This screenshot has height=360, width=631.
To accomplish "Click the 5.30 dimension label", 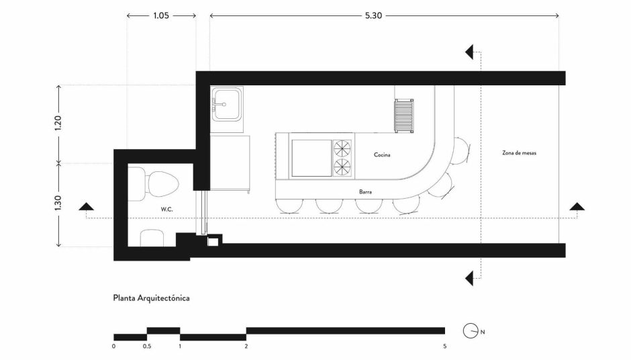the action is tap(373, 15).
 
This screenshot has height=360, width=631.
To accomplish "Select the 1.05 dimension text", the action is tap(161, 15).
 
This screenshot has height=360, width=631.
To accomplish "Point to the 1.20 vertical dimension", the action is tap(58, 123).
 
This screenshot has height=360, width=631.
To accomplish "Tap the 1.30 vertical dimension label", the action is tap(58, 203).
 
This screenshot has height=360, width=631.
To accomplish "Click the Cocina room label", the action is tap(382, 154).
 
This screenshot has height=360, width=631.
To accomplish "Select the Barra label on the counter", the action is tap(365, 192).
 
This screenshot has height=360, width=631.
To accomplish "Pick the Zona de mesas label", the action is tap(519, 153).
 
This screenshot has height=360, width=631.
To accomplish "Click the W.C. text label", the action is tap(166, 210).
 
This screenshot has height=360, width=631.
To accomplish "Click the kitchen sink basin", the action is tap(227, 104).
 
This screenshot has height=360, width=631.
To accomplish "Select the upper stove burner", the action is tap(342, 148).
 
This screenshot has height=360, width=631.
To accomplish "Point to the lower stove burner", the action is tap(342, 167).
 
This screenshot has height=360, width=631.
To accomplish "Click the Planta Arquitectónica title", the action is tap(151, 298).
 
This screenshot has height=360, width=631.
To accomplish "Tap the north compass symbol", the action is tap(471, 331).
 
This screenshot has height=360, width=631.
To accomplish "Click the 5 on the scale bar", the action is tap(444, 347).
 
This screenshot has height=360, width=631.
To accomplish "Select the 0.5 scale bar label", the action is tap(147, 347).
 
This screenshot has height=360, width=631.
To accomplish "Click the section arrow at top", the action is tap(470, 52).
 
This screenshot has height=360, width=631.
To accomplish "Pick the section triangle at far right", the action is tap(577, 207).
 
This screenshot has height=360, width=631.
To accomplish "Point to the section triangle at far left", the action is tap(86, 207).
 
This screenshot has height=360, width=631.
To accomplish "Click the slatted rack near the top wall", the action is tap(403, 116).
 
